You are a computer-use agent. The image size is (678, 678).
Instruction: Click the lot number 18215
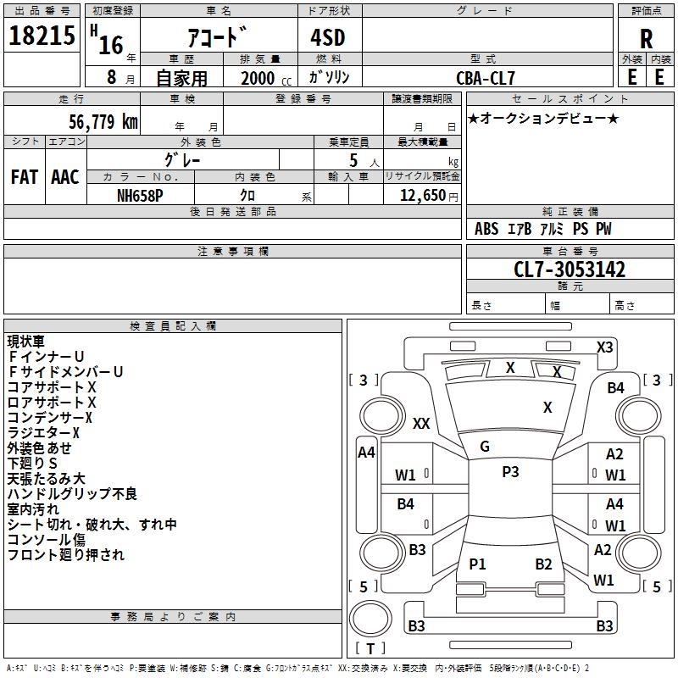(42, 36)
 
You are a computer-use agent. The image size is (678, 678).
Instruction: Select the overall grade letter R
(646, 39)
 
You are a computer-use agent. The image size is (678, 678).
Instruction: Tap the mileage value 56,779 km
(103, 122)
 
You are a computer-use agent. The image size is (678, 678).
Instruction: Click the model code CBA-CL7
(486, 78)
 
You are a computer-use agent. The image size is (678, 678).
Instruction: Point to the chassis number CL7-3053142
(570, 270)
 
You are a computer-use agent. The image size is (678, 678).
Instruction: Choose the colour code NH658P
(140, 196)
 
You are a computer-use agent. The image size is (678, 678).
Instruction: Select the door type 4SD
(328, 37)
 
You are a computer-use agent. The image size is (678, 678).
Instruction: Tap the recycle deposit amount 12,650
(423, 196)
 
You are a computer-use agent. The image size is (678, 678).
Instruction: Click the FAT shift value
(25, 177)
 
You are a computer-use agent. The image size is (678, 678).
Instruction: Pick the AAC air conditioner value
(65, 177)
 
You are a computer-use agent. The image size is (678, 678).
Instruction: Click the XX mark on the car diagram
(421, 423)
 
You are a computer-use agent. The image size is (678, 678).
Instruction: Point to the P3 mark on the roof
(510, 471)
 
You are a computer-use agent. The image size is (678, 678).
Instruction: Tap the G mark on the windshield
(485, 447)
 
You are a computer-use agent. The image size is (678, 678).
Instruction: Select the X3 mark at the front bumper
(604, 347)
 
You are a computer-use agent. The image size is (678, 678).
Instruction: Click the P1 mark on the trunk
(477, 564)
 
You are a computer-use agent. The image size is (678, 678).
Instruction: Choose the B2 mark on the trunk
(543, 564)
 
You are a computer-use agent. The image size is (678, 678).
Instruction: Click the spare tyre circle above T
(370, 618)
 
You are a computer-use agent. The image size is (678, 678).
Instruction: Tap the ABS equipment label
(486, 229)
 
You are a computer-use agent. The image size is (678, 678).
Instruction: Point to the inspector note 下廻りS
(32, 463)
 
